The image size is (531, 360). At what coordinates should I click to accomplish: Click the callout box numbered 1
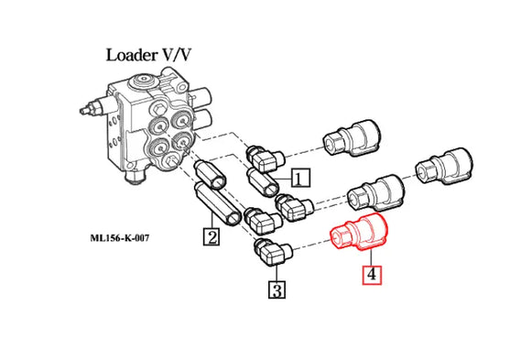pyautogui.click(x=301, y=177)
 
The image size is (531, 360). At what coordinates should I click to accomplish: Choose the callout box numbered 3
pyautogui.click(x=276, y=292)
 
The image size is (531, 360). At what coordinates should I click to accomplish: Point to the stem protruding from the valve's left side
pyautogui.click(x=92, y=107)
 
